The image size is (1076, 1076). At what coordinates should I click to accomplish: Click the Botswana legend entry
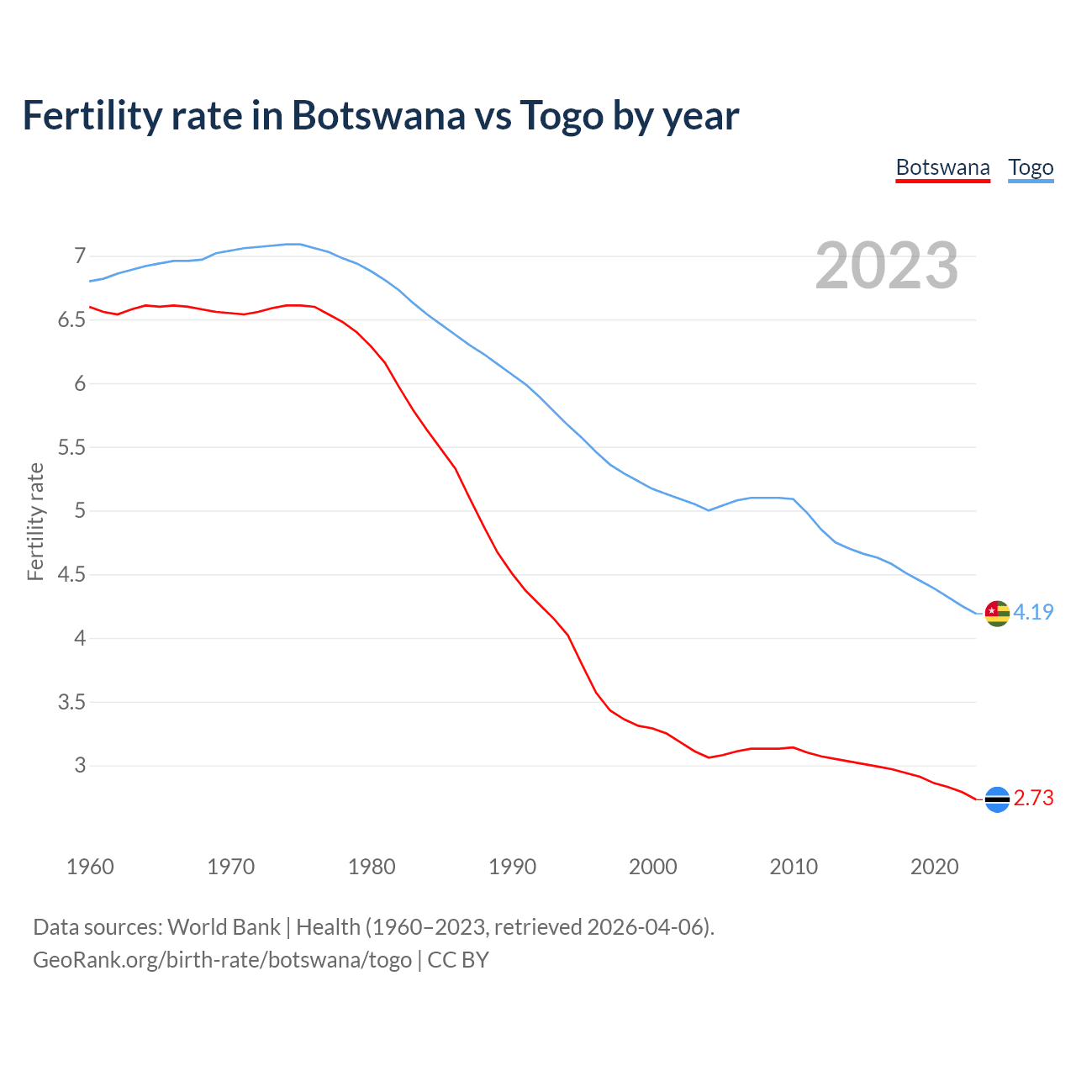942,167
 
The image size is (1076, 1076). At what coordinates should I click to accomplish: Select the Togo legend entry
1031,167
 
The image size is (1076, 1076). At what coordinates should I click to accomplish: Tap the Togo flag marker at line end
996,614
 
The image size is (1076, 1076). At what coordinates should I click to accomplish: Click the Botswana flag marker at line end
996,799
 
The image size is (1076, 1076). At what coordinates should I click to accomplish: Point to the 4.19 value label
1033,613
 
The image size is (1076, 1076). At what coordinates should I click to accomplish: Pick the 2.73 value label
1033,799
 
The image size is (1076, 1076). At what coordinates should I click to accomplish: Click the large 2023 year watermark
887,266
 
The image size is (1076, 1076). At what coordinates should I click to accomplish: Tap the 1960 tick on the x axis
90,867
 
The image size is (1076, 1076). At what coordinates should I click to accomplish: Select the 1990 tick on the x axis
512,867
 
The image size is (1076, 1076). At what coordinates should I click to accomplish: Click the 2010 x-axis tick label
794,867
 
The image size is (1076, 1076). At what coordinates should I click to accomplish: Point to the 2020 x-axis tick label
934,867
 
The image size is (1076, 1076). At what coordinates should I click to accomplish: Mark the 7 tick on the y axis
80,256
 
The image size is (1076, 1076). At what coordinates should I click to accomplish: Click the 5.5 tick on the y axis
72,447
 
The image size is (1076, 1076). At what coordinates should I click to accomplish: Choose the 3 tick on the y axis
80,766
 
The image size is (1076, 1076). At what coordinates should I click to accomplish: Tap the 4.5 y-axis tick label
72,575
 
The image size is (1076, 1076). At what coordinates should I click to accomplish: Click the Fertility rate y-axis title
35,521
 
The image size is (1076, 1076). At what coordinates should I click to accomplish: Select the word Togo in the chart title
562,115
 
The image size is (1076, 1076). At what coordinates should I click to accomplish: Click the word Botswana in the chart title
378,115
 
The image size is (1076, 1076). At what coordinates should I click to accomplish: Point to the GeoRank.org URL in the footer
222,960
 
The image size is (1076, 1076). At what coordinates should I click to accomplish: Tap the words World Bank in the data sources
224,927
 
